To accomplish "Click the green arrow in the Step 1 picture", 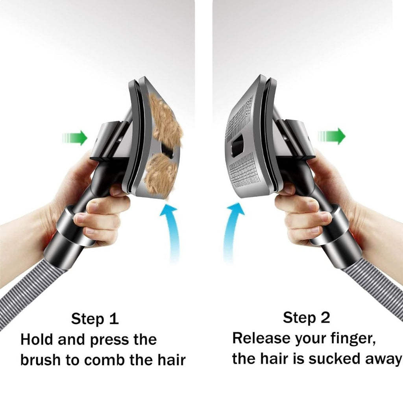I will [76, 138].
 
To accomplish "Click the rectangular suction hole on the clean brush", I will [238, 146].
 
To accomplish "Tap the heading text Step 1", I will [95, 319].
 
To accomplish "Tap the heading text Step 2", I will [307, 318].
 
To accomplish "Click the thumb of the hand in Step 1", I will [118, 191].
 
